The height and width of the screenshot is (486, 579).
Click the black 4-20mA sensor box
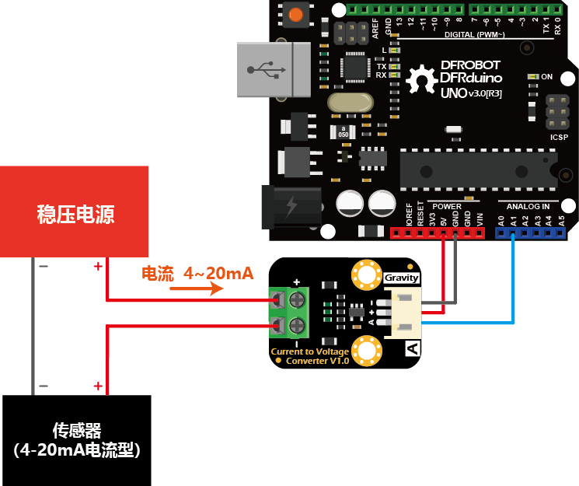point(77,439)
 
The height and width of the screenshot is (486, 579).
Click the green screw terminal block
point(287,313)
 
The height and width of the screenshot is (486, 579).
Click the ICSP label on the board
point(559,136)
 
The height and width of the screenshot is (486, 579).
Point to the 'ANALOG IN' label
point(528,206)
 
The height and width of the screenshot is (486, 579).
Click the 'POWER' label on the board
point(446,206)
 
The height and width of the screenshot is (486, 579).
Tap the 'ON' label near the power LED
point(546,77)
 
